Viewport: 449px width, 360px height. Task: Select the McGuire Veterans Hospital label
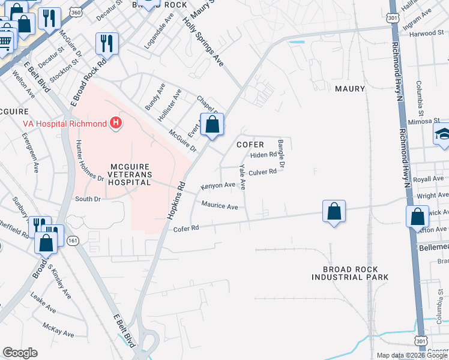pyautogui.click(x=130, y=173)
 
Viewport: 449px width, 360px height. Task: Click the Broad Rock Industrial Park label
pyautogui.click(x=350, y=273)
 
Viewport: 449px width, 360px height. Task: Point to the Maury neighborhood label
pyautogui.click(x=350, y=89)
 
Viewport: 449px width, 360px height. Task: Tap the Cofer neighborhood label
pyautogui.click(x=250, y=145)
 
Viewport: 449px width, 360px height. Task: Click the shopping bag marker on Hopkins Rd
pyautogui.click(x=212, y=125)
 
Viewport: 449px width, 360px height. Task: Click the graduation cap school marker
pyautogui.click(x=443, y=134)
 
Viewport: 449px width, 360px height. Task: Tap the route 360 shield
pyautogui.click(x=75, y=12)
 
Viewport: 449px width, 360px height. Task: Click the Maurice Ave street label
pyautogui.click(x=220, y=206)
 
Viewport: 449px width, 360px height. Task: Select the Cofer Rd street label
pyautogui.click(x=185, y=229)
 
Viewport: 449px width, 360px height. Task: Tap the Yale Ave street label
pyautogui.click(x=243, y=176)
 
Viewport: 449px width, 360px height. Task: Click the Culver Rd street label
pyautogui.click(x=262, y=172)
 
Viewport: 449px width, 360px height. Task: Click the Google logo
pyautogui.click(x=20, y=353)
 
